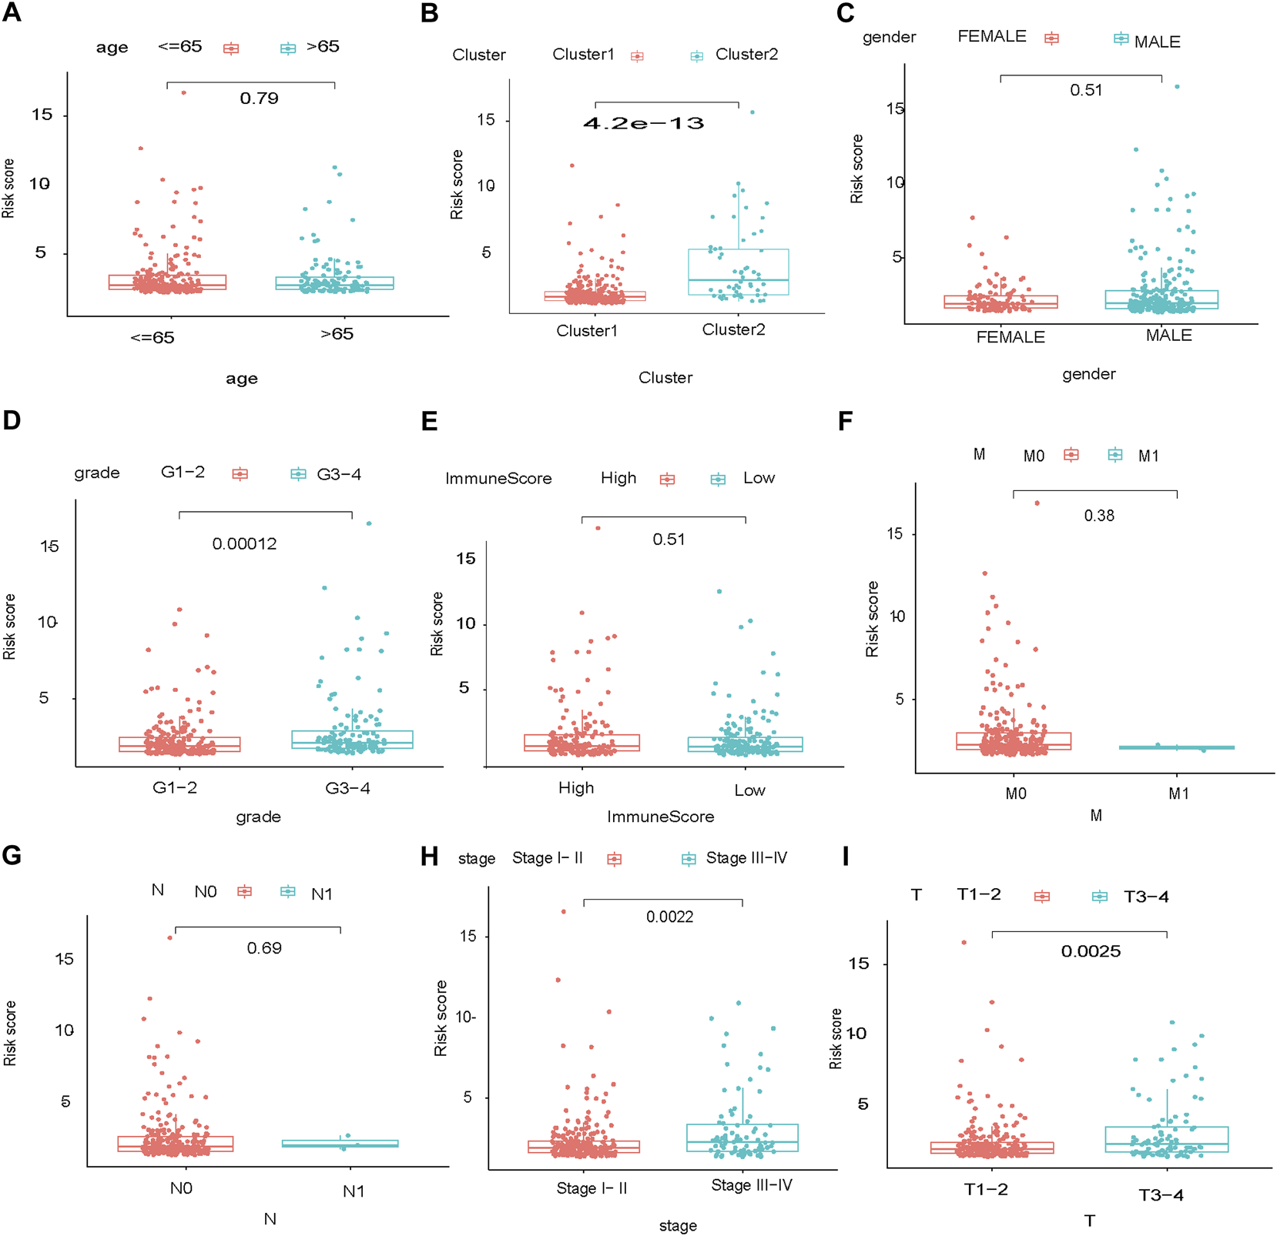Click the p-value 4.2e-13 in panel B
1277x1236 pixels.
[643, 123]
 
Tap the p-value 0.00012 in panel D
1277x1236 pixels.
[244, 544]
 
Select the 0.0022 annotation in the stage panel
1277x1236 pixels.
[669, 917]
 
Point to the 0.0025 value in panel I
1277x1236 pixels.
[1091, 951]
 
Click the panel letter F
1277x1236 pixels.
[845, 421]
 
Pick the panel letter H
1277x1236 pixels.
[429, 856]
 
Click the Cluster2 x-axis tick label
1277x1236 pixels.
[733, 329]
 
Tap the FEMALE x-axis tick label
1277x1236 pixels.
[1011, 337]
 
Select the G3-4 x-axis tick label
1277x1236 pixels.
[347, 788]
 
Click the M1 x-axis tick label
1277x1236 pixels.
[1178, 793]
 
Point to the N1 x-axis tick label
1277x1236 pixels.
[354, 1191]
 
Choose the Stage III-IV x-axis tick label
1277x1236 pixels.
[751, 1185]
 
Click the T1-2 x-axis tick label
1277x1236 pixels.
[986, 1189]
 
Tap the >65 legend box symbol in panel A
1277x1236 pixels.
[288, 48]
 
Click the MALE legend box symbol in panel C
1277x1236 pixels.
[1121, 38]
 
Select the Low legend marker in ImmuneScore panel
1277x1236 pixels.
[718, 479]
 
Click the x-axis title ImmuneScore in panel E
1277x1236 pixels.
[660, 817]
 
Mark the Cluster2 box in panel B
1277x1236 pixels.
[738, 272]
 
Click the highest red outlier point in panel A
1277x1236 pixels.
[183, 92]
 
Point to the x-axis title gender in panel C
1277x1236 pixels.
[1088, 374]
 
